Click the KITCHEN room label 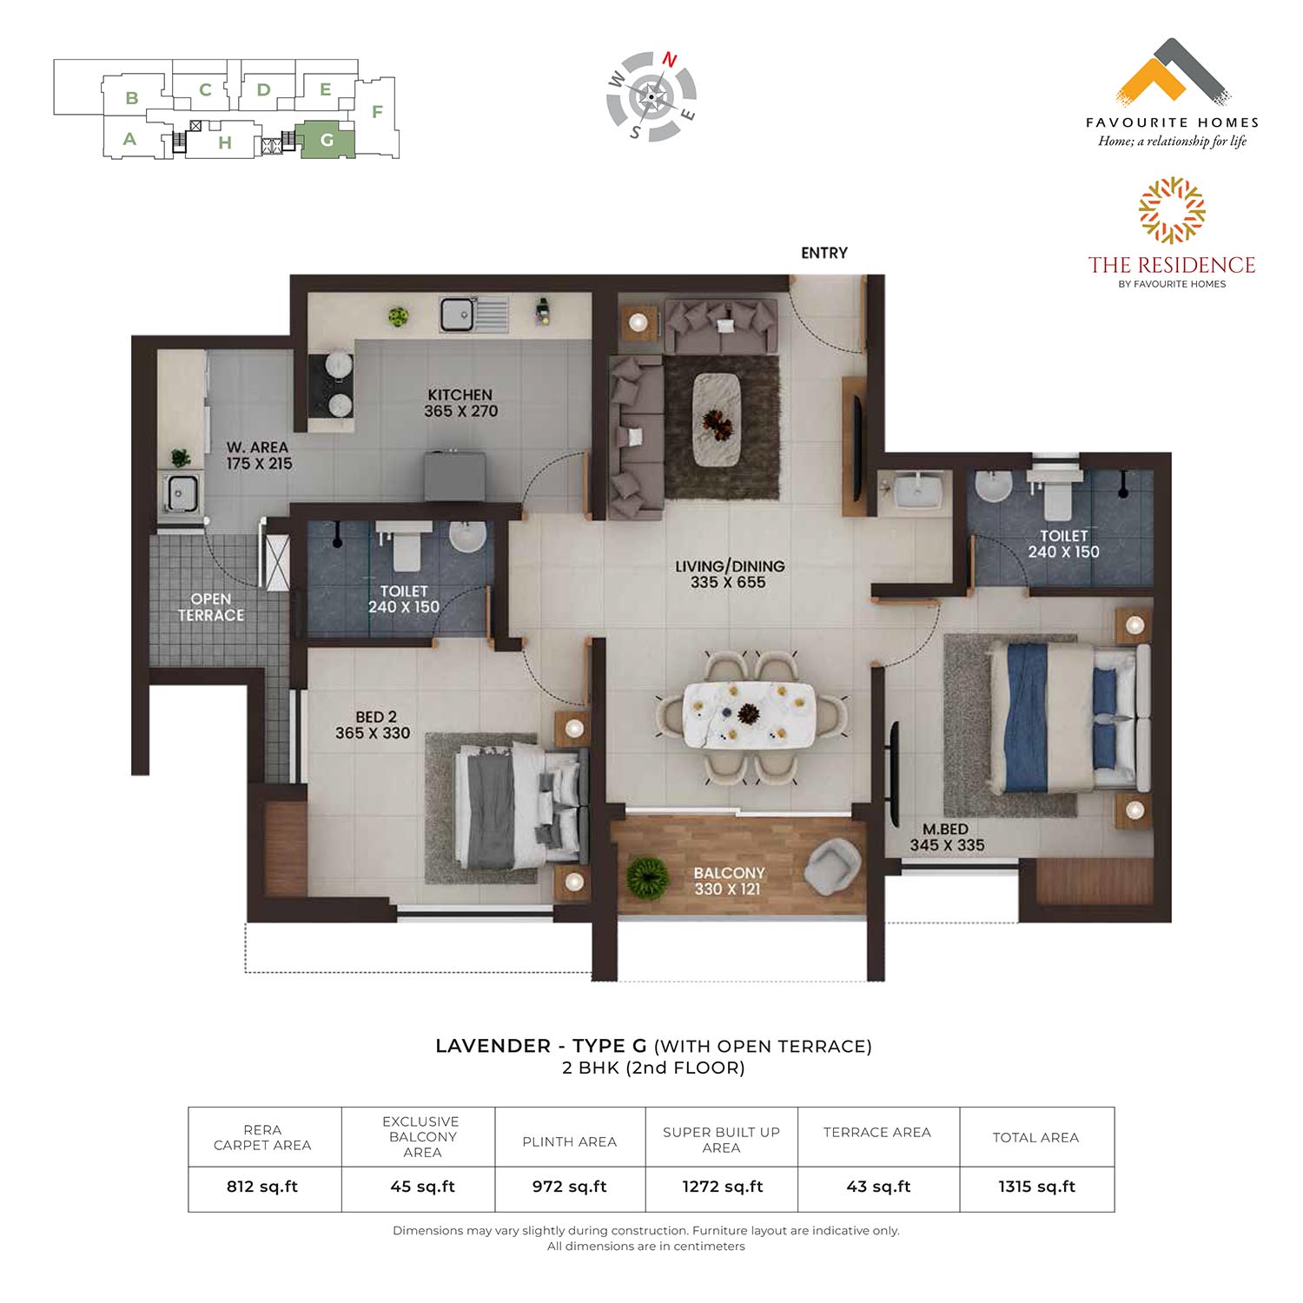click(460, 394)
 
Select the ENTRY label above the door click(824, 253)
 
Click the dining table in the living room click(750, 715)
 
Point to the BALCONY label click(729, 873)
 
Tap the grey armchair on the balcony click(832, 866)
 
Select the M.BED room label click(945, 830)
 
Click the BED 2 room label click(375, 717)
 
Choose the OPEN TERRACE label click(211, 607)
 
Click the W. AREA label click(257, 447)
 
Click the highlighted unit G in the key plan click(327, 140)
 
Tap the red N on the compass click(670, 59)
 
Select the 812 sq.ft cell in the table click(262, 1187)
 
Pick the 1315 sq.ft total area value click(1036, 1187)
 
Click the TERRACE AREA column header click(877, 1133)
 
